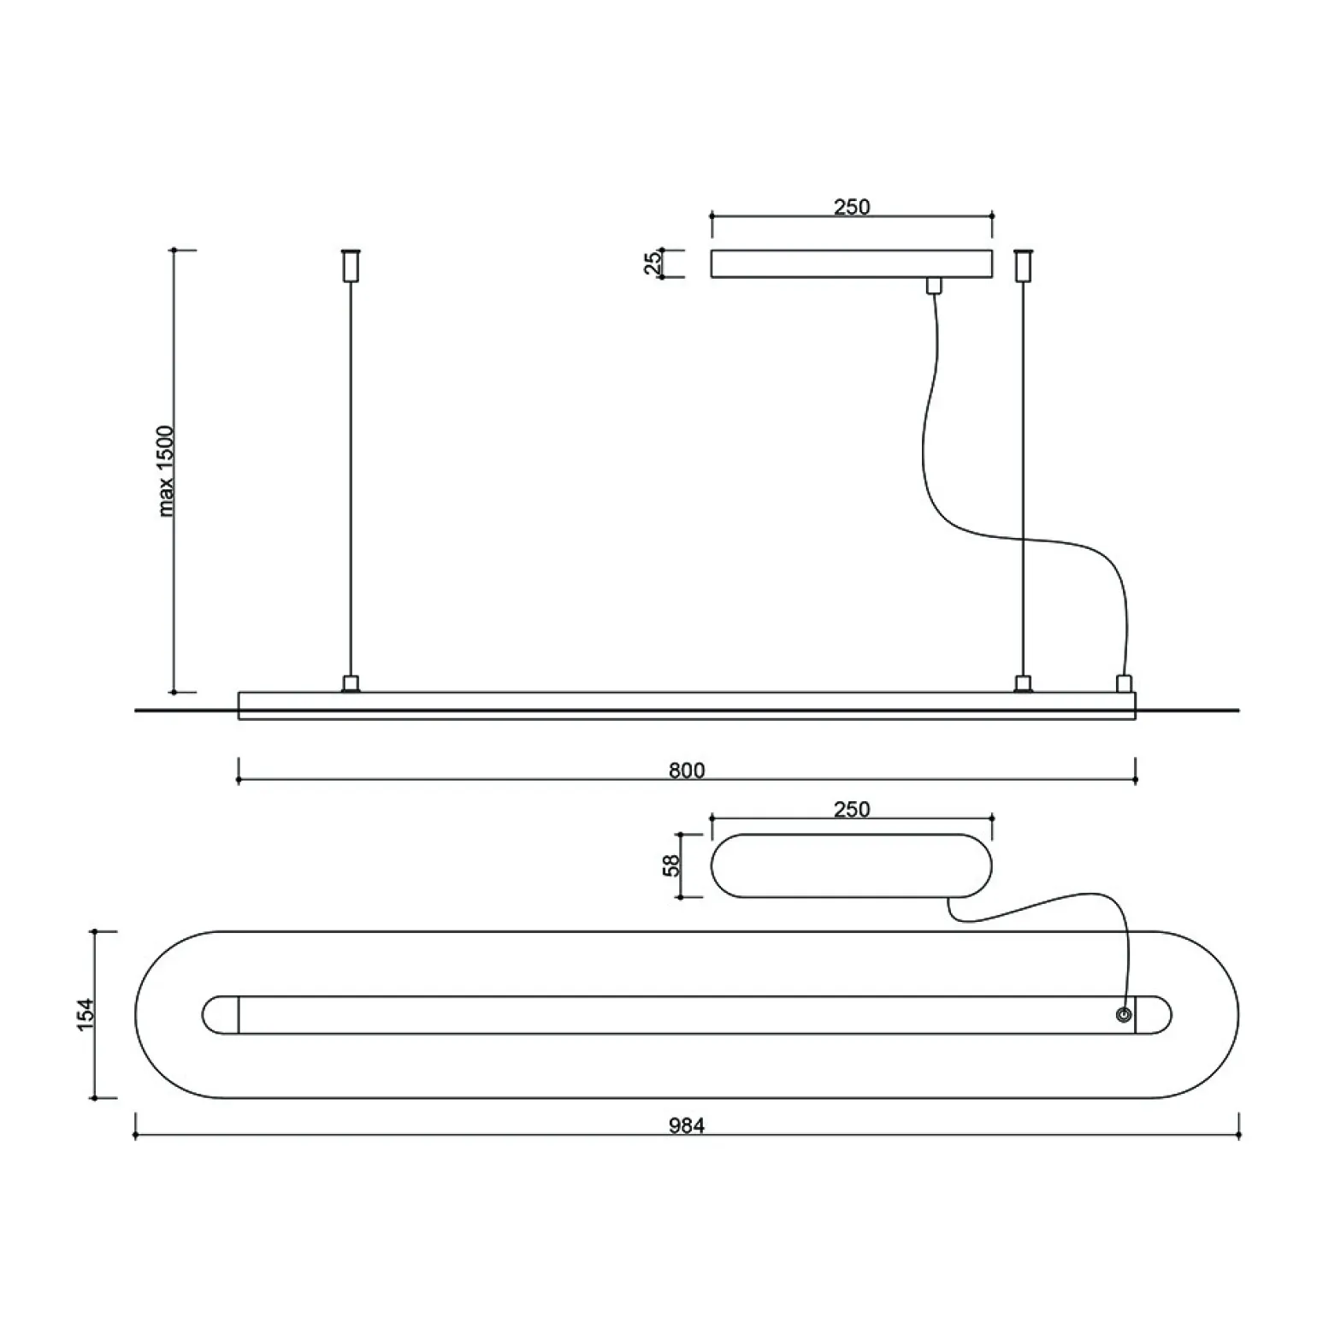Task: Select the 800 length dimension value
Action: pyautogui.click(x=687, y=771)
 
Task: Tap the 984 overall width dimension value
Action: pyautogui.click(x=687, y=1126)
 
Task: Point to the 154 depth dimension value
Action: pyautogui.click(x=86, y=1014)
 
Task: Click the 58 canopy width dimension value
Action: pyautogui.click(x=672, y=865)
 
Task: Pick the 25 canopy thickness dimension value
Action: pyautogui.click(x=653, y=263)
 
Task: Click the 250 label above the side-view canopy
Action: pyautogui.click(x=852, y=207)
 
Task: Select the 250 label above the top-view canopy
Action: pyautogui.click(x=852, y=809)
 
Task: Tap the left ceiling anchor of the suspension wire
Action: pyautogui.click(x=350, y=264)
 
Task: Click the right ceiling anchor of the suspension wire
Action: pyautogui.click(x=1022, y=264)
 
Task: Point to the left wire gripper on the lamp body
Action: pyautogui.click(x=350, y=683)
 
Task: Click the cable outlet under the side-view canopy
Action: pyautogui.click(x=933, y=286)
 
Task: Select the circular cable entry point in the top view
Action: pyautogui.click(x=1123, y=1015)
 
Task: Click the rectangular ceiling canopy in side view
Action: pyautogui.click(x=852, y=264)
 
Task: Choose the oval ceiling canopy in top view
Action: pyautogui.click(x=852, y=865)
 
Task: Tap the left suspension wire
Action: pyautogui.click(x=350, y=479)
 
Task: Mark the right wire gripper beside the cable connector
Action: pyautogui.click(x=1022, y=683)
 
